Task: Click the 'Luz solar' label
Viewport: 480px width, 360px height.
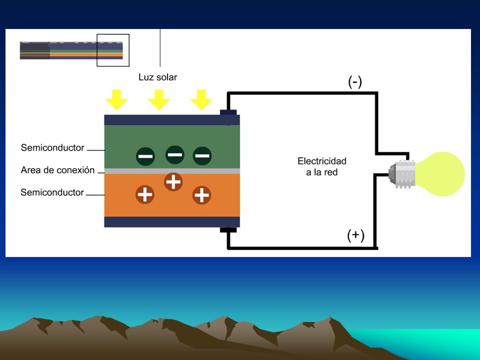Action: [157, 77]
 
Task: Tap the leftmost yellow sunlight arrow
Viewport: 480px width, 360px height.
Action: [116, 100]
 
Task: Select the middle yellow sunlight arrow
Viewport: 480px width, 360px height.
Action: [158, 100]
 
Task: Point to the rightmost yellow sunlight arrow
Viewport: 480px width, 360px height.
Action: [201, 100]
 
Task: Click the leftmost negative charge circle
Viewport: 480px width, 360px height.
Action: [145, 156]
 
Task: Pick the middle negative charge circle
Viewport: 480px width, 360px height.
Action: [175, 154]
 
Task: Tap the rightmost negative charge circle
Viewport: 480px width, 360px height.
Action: [202, 156]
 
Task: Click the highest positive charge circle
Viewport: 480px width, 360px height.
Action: [173, 181]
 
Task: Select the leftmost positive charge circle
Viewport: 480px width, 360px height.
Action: [145, 194]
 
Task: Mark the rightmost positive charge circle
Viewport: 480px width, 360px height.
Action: [201, 195]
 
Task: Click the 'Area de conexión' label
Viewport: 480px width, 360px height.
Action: [57, 170]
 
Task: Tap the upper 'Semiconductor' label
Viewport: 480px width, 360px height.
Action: [52, 147]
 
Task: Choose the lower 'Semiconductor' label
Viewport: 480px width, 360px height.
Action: [52, 192]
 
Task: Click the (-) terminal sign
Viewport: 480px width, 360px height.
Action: [355, 81]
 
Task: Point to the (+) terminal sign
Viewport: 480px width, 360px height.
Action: [355, 235]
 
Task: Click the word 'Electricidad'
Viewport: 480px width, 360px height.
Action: [322, 161]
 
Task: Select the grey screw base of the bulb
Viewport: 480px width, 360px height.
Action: [402, 174]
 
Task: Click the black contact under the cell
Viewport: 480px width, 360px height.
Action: [228, 230]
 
